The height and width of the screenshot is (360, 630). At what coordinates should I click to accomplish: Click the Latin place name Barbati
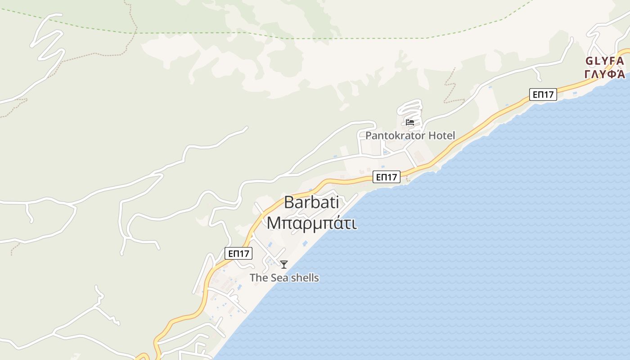point(311,202)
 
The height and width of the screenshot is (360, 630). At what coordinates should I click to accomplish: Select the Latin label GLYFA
point(604,61)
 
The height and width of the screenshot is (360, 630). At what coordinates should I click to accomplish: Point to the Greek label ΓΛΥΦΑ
point(604,74)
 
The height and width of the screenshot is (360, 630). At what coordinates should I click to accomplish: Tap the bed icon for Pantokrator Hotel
point(409,122)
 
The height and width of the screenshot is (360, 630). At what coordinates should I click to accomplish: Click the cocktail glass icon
point(284,265)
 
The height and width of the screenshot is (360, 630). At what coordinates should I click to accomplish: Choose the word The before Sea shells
point(259,278)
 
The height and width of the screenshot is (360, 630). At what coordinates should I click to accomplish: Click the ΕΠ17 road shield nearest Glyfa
point(543,94)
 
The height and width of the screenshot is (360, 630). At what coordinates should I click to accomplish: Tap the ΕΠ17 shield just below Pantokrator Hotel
point(386,177)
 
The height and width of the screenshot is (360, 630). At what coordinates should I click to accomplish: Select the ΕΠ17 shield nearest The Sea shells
point(238,253)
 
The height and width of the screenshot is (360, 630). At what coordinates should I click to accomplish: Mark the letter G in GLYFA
point(589,61)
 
